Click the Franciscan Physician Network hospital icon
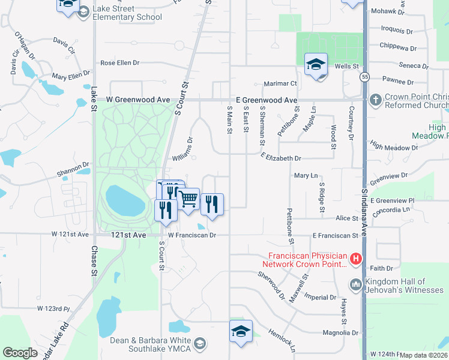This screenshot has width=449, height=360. [356, 259]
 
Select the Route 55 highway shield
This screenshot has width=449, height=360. [365, 77]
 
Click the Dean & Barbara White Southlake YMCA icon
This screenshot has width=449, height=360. [200, 343]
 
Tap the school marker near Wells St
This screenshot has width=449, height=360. [316, 65]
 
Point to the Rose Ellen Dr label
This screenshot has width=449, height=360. [119, 62]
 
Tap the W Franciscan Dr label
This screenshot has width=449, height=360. [192, 235]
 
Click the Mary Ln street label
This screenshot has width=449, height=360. [306, 175]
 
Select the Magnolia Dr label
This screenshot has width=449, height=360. [340, 332]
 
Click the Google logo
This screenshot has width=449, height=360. [20, 353]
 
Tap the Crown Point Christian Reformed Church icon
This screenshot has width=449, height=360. [376, 99]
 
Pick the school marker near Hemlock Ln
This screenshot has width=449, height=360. [241, 331]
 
